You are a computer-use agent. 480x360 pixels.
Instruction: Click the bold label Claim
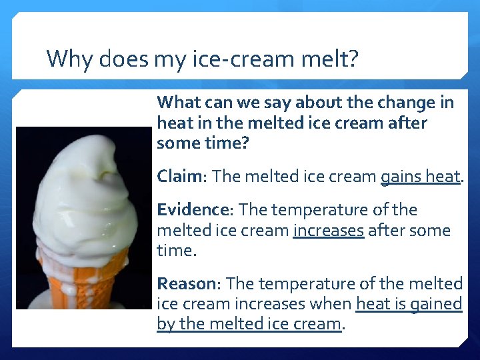click(179, 177)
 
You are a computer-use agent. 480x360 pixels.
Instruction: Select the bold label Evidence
click(192, 210)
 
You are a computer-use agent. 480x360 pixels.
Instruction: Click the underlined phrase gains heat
click(420, 177)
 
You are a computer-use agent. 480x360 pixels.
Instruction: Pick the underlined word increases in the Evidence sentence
click(329, 231)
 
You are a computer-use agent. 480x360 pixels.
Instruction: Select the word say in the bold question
click(276, 103)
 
